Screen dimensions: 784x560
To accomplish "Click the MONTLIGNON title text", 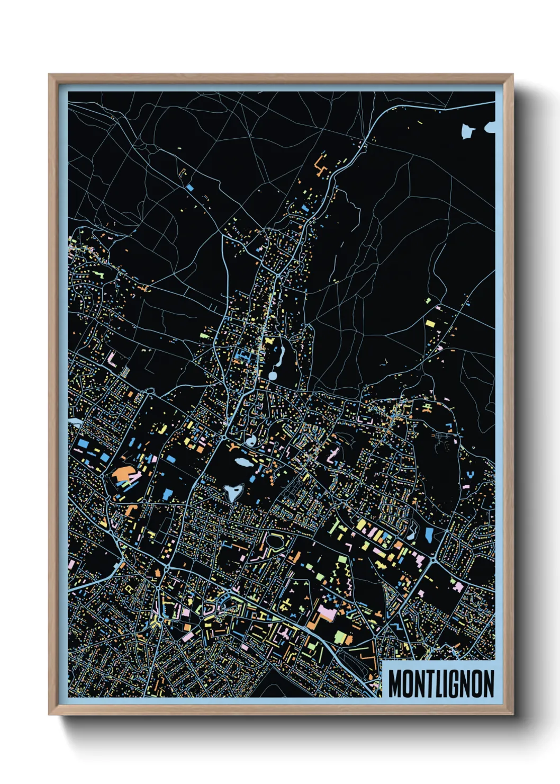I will [x=441, y=683].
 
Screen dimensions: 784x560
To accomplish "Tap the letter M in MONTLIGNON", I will [x=396, y=683].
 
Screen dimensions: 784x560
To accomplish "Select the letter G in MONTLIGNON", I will [x=457, y=683].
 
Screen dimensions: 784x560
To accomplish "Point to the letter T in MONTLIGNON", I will [x=430, y=683].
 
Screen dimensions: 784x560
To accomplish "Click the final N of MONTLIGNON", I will [x=487, y=683].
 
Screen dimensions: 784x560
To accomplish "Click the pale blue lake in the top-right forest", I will [x=468, y=131].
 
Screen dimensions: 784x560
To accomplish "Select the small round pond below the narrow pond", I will [x=273, y=376].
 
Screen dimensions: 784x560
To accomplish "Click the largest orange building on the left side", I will [x=123, y=473].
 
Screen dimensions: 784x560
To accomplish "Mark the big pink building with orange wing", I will [x=326, y=614].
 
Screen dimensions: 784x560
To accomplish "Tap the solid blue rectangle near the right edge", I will [x=428, y=536].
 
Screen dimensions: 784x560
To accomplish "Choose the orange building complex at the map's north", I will [x=320, y=164].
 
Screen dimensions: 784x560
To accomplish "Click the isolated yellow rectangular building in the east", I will [x=430, y=323].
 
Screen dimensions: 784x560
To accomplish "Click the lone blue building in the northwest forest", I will [x=189, y=187].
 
